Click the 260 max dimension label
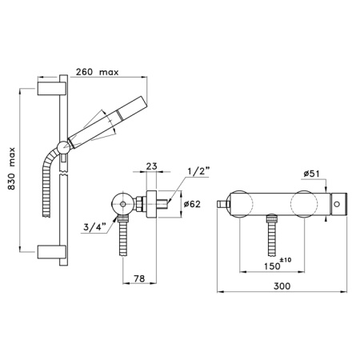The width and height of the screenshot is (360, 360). pos(97,72)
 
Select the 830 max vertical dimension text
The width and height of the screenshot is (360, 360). pos(11,169)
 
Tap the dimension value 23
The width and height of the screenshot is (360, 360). pos(152,166)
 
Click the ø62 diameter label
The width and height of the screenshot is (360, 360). pos(192,204)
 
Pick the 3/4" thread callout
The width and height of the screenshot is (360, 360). pos(94,227)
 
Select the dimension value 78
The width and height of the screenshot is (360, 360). pos(139,278)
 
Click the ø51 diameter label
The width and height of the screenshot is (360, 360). pos(311,174)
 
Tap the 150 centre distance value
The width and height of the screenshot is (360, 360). pos(272,266)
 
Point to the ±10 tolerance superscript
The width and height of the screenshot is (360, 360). pos(286,260)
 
